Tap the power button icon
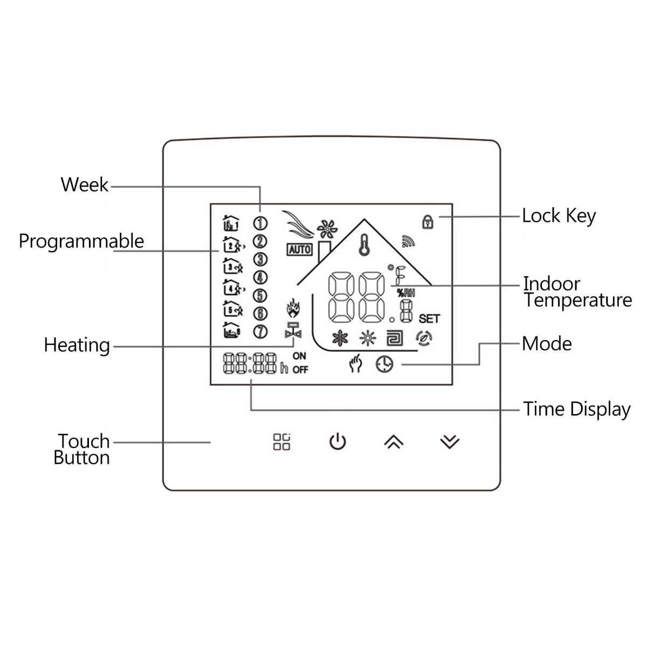338,442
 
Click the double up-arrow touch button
394,442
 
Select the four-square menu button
281,442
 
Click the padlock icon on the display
428,222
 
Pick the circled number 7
260,331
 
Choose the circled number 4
260,277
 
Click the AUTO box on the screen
299,249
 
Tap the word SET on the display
429,319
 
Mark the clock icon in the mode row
385,364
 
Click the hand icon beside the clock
355,364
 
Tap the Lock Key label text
559,216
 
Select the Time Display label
576,409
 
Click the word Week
84,185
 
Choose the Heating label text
77,345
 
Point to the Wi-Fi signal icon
408,242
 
